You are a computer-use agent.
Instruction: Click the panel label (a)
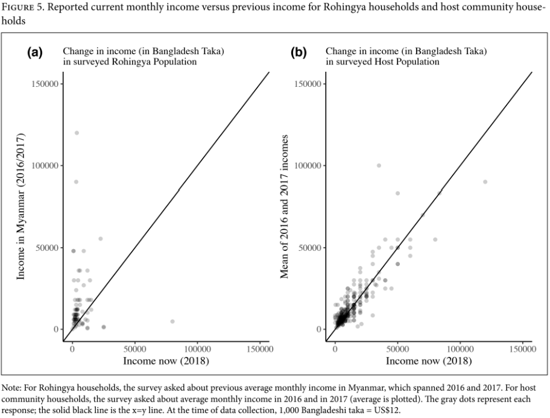pyautogui.click(x=35, y=52)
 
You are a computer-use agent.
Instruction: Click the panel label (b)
pyautogui.click(x=299, y=52)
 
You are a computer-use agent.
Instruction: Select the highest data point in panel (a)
pyautogui.click(x=77, y=133)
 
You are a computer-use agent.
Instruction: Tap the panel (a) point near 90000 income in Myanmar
pyautogui.click(x=76, y=182)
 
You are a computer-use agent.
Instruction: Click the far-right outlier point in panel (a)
pyautogui.click(x=172, y=321)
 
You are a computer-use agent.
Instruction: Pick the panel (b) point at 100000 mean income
pyautogui.click(x=379, y=166)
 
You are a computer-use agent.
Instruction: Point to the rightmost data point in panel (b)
pyautogui.click(x=485, y=182)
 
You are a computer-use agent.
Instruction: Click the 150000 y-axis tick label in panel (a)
pyautogui.click(x=45, y=83)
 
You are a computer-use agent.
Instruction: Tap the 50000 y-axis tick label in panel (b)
pyautogui.click(x=310, y=247)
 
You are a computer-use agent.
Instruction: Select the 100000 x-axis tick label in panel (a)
pyautogui.click(x=197, y=349)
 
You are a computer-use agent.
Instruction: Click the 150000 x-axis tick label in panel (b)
pyautogui.click(x=523, y=349)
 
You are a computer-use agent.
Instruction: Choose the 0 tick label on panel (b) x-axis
pyautogui.click(x=335, y=349)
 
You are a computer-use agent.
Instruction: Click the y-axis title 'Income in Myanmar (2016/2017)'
pyautogui.click(x=21, y=206)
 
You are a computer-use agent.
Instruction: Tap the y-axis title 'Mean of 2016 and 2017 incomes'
pyautogui.click(x=284, y=206)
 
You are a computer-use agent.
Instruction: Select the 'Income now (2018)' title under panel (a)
pyautogui.click(x=166, y=361)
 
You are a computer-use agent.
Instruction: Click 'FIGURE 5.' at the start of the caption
pyautogui.click(x=23, y=7)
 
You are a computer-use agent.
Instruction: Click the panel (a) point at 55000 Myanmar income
pyautogui.click(x=100, y=239)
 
